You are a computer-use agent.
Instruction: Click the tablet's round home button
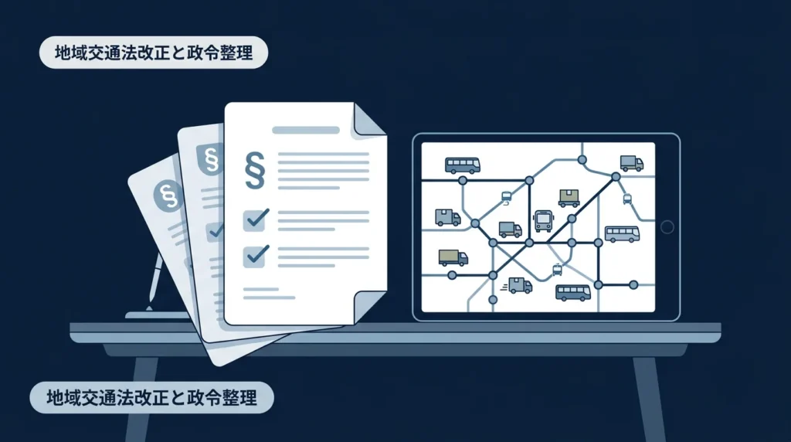pos(667,227)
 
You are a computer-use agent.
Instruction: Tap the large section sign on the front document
pos(255,170)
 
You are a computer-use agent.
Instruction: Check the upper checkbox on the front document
pos(255,220)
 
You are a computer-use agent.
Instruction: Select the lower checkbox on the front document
pos(255,255)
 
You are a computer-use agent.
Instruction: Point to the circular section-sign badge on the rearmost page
pos(168,195)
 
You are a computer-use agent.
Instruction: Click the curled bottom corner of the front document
pos(369,308)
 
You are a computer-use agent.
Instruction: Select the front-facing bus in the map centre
pos(543,221)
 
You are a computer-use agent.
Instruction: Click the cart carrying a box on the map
pos(569,198)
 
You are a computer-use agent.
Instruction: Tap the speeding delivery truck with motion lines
pos(518,286)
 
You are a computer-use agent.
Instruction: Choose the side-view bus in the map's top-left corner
pos(462,165)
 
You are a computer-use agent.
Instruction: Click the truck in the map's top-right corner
pos(632,164)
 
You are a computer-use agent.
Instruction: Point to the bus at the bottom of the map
pos(573,293)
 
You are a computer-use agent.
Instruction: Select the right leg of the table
pos(649,399)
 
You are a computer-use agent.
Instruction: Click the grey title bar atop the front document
pos(306,130)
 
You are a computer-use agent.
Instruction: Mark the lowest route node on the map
pos(493,300)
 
